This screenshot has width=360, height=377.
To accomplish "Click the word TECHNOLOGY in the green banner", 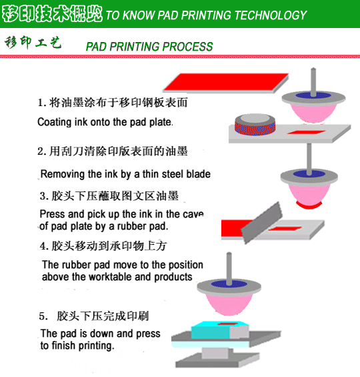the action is (x=271, y=15).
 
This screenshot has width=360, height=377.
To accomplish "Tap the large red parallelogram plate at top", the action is (x=226, y=83).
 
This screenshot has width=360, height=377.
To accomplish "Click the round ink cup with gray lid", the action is (x=255, y=125).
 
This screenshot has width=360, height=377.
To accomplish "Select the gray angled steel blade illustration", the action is (x=262, y=223).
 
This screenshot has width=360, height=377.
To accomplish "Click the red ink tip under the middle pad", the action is (x=309, y=205).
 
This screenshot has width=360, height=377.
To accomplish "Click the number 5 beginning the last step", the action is (x=42, y=316).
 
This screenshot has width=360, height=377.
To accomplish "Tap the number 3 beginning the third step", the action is (x=43, y=196).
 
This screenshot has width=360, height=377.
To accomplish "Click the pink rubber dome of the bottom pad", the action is (x=229, y=304).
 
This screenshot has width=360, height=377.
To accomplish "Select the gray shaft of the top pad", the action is (x=313, y=82).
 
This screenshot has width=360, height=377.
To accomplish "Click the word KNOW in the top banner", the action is (x=139, y=15).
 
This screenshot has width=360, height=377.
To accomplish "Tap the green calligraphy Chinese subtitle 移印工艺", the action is (x=33, y=43).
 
